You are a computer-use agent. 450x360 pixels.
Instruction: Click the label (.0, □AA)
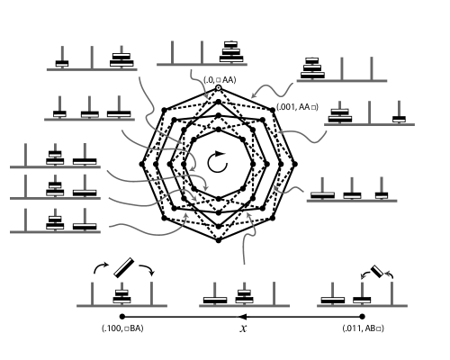click(x=220, y=80)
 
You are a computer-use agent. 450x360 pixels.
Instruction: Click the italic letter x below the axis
click(x=243, y=328)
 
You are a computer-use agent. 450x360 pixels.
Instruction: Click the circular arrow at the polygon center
click(x=218, y=162)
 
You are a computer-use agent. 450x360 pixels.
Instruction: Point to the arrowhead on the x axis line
click(x=242, y=317)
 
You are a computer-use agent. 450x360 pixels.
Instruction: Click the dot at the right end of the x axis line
click(x=362, y=317)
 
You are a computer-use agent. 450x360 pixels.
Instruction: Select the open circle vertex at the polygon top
click(x=219, y=87)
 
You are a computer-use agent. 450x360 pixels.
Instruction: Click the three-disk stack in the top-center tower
click(x=231, y=52)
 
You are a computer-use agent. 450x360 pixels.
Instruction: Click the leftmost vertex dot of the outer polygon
click(x=142, y=163)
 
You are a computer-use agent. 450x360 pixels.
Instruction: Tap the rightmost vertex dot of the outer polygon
click(x=295, y=163)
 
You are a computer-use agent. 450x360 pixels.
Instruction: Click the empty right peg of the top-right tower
click(x=371, y=68)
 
